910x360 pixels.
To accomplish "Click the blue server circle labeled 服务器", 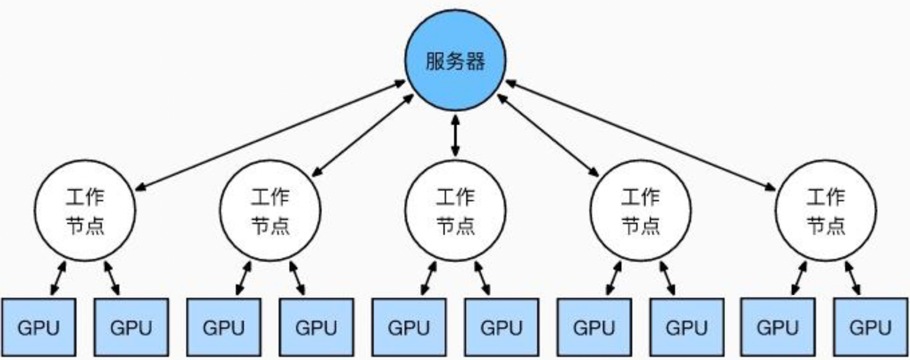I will tap(455, 60).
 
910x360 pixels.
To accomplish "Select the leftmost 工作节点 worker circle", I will tap(85, 211).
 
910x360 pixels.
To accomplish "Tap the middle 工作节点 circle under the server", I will tap(455, 211).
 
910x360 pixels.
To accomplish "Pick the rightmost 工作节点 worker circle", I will tap(826, 211).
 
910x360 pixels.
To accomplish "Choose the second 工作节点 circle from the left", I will tap(270, 211).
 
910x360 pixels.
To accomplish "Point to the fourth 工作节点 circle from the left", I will tap(641, 211).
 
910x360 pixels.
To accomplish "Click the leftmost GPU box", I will tap(39, 328).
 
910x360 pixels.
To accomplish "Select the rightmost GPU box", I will tap(870, 328).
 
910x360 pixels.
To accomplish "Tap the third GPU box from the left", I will tap(224, 328).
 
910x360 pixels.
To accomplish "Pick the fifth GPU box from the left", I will tap(409, 328).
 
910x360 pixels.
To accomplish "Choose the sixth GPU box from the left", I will tap(501, 328).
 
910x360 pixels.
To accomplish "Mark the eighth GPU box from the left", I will tap(686, 328).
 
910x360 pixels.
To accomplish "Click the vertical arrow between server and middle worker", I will tap(455, 135).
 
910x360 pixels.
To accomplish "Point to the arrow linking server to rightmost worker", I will tap(641, 135).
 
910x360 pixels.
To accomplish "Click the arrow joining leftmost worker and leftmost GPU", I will tap(58, 278).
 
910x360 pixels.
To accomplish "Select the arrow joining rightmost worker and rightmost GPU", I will tap(853, 278).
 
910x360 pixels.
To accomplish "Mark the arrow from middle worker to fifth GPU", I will tap(429, 278).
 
